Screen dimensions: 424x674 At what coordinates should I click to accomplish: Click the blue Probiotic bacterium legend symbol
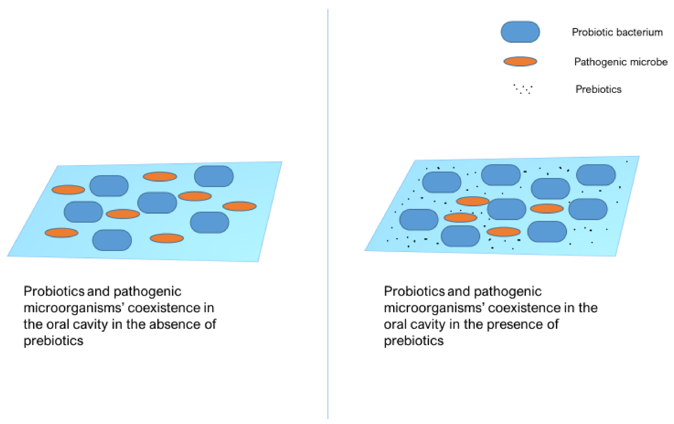point(520,32)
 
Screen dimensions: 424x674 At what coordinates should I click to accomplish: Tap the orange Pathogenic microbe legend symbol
point(520,61)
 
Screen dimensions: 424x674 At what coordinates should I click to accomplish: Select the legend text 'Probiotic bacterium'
point(617,32)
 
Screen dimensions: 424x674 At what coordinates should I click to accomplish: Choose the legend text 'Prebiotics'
point(598,89)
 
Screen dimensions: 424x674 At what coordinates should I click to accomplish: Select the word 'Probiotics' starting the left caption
point(54,291)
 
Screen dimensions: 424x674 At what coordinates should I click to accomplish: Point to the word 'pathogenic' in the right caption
point(508,291)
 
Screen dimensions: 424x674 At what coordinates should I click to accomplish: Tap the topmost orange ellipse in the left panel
point(160,177)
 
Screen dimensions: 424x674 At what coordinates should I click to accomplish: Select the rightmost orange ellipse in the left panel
point(239,206)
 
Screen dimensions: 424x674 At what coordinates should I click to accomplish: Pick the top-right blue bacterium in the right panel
point(596,175)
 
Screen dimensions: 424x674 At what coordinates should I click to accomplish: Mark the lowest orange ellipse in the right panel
point(503,232)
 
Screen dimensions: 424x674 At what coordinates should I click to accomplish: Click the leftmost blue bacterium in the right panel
point(418,220)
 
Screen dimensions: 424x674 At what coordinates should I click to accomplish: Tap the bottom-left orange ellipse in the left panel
point(61,233)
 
